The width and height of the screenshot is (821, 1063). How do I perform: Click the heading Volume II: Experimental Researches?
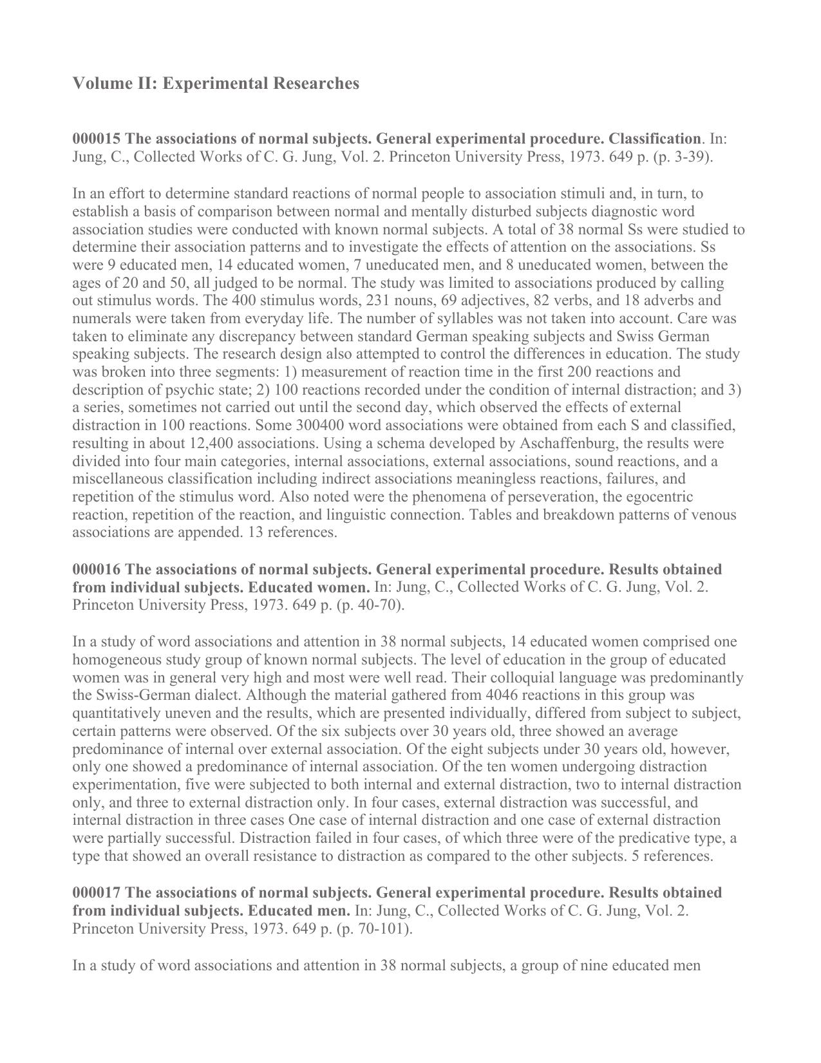[216, 84]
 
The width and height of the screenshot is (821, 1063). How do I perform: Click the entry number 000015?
[97, 139]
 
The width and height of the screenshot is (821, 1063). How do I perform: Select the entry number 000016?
[97, 570]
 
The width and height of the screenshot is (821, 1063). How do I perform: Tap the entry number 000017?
[97, 893]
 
